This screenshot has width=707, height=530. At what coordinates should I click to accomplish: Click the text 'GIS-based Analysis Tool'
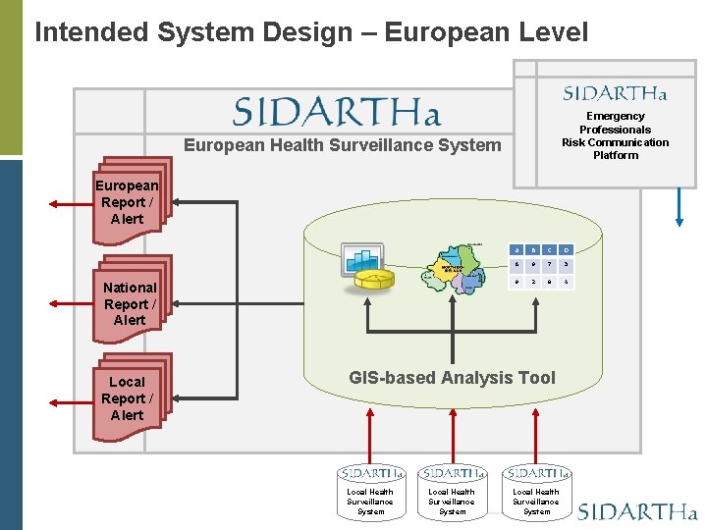[452, 378]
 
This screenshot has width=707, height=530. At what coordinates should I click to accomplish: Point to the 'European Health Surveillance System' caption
[343, 145]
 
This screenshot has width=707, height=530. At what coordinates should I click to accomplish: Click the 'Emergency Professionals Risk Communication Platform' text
[615, 135]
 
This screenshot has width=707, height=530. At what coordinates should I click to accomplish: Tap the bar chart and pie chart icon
[366, 267]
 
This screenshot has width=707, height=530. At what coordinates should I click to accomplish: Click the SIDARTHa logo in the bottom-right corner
[637, 511]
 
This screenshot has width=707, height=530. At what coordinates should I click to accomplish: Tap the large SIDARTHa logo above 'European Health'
[337, 110]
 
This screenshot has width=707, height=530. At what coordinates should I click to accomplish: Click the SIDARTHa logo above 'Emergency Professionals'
[615, 93]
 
